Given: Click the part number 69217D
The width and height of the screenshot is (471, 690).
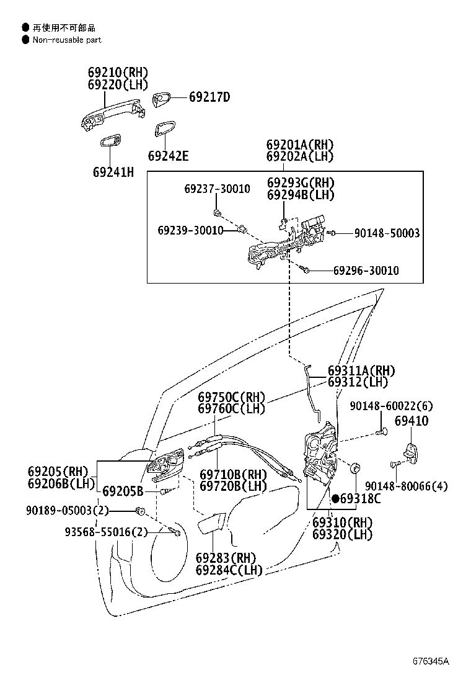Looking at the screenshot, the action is point(209,97).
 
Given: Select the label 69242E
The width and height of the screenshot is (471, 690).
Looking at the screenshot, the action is point(169,156).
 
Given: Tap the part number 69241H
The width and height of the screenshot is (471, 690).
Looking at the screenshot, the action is point(113,172).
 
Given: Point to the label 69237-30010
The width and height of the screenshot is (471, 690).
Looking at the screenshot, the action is point(217,189).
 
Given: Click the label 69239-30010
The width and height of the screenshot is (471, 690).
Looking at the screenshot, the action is point(191,230).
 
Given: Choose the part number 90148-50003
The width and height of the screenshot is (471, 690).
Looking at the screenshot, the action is point(387,233).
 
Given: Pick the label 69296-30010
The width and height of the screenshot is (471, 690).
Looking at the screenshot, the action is point(366,270).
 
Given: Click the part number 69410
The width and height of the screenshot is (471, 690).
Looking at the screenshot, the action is point(412,421).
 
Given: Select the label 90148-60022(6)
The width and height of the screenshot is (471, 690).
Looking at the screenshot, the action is point(392,406).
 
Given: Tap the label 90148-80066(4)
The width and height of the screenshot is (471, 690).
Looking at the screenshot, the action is point(407,486).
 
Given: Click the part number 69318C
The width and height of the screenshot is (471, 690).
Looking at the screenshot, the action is point(360,499).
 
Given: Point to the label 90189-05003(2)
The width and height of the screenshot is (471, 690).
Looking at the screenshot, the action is point(67,511).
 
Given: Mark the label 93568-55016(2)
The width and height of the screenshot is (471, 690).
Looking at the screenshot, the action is point(107,532).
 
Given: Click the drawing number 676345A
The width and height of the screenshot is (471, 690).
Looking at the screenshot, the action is point(431,661).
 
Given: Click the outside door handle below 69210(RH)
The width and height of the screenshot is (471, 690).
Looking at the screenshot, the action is point(113,115).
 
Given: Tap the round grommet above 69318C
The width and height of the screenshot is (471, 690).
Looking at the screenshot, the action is point(355,468).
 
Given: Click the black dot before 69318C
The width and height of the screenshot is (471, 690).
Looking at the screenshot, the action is point(336,499).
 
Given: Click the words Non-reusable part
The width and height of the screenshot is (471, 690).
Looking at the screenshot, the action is point(67,40).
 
